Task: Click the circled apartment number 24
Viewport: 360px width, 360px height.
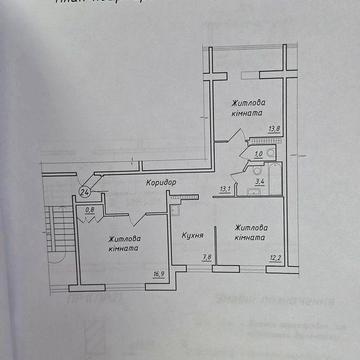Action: click(86, 192)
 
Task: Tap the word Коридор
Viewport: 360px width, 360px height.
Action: click(162, 183)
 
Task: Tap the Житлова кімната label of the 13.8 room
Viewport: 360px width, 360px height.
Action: click(249, 108)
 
